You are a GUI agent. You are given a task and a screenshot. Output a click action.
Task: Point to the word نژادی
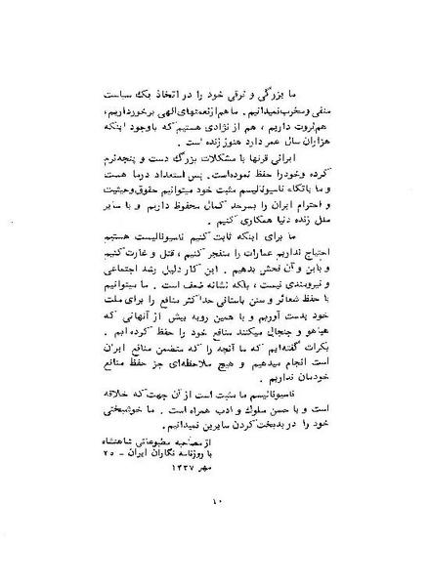coord(230,136)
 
